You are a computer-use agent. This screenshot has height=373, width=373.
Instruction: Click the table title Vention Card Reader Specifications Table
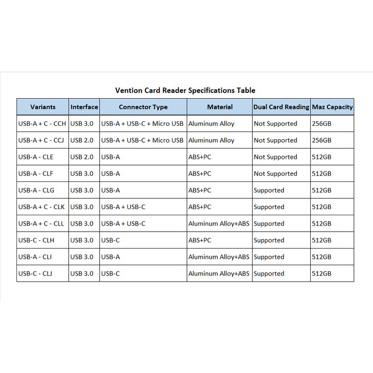point(185,90)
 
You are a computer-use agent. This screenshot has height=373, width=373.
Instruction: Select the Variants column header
point(43,107)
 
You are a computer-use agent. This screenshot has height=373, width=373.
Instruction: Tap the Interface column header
point(84,107)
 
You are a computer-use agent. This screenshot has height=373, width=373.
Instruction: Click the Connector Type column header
point(143,107)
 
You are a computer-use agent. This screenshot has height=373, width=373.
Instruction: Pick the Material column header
point(219,107)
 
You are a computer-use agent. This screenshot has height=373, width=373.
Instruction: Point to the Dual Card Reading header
point(281,107)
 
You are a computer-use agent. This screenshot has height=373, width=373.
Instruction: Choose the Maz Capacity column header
point(332,107)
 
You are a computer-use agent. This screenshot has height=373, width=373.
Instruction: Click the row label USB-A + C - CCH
point(42,124)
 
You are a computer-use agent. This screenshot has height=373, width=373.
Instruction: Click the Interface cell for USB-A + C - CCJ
point(82,140)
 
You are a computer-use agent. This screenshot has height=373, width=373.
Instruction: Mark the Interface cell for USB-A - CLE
point(82,157)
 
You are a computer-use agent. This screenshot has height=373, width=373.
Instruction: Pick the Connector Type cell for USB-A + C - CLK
point(123,207)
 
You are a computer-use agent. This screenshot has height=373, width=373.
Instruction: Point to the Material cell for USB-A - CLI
point(219,257)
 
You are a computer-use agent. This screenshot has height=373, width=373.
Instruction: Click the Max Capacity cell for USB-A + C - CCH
point(322,124)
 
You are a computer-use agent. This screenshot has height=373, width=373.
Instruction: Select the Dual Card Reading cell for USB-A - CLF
point(275,174)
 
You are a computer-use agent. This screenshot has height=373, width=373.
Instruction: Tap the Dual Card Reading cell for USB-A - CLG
point(269,191)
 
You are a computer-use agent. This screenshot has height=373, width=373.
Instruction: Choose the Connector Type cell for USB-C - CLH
point(110,240)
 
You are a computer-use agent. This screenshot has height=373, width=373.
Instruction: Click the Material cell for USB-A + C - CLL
point(219,224)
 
